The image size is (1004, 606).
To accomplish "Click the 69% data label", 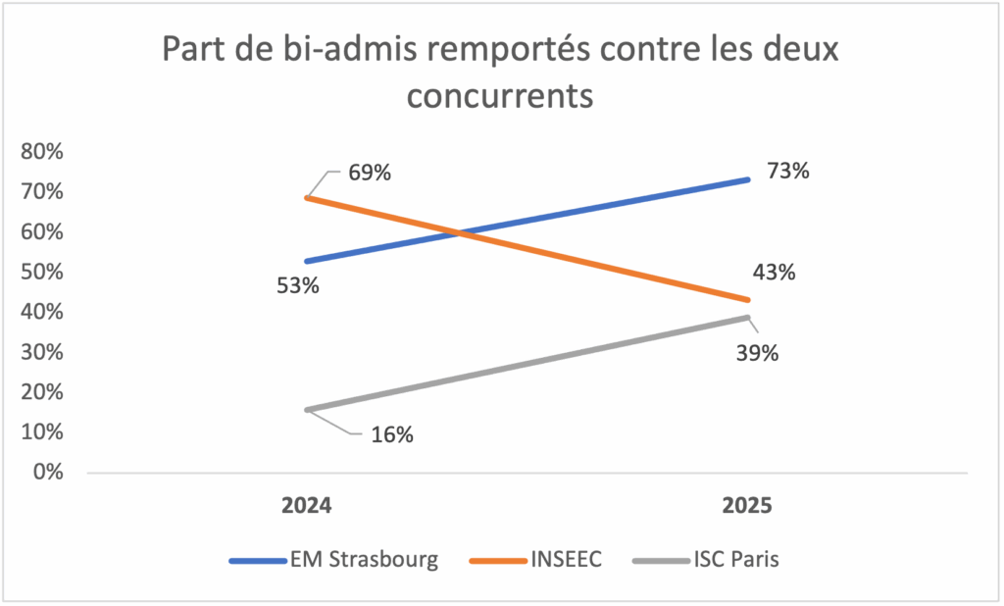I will [x=370, y=174].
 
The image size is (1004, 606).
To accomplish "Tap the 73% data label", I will [x=787, y=171].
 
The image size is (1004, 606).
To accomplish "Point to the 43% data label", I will [x=774, y=273].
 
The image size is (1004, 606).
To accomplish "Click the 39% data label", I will [x=758, y=353].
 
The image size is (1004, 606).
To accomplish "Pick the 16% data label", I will [x=391, y=434].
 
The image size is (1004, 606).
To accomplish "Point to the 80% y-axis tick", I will [x=41, y=152].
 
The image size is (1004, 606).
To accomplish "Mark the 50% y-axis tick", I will [x=41, y=272].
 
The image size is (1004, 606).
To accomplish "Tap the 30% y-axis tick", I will [x=41, y=352].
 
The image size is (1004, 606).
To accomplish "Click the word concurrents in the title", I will [x=501, y=97].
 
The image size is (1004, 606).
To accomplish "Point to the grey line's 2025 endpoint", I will [x=748, y=318].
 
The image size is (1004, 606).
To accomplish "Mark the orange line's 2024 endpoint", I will [x=307, y=198].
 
